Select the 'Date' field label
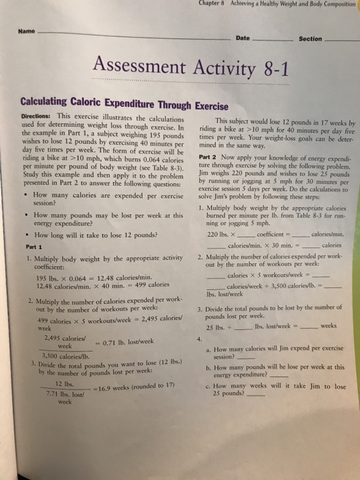pyautogui.click(x=243, y=38)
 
